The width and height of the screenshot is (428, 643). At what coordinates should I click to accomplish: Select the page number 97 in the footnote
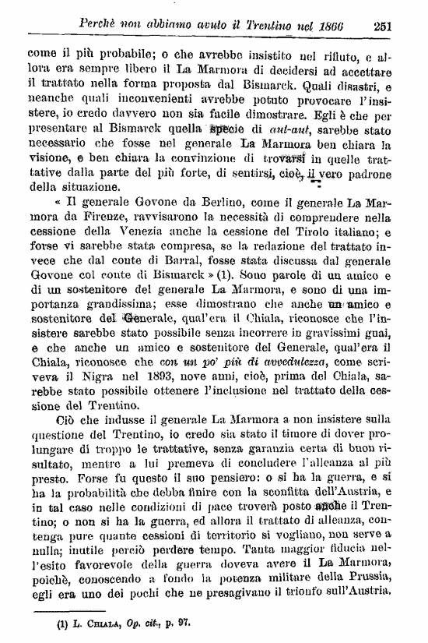click(184, 625)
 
